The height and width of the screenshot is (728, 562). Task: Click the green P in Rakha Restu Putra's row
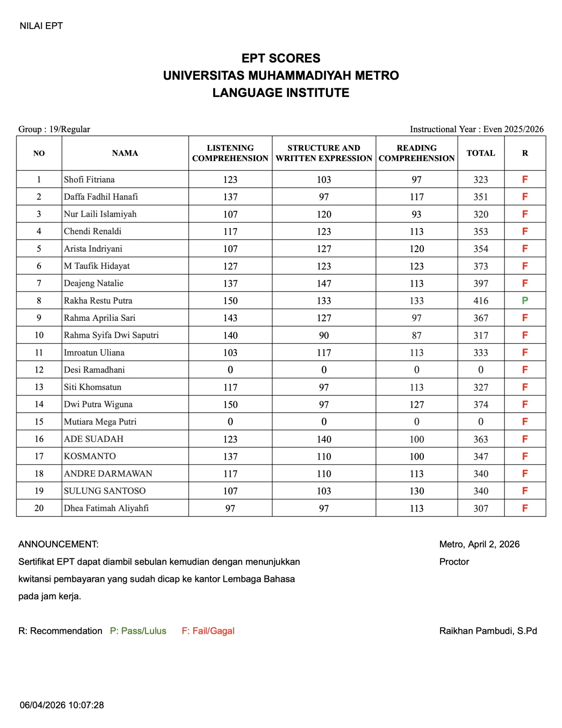[525, 300]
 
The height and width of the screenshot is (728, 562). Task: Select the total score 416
[481, 301]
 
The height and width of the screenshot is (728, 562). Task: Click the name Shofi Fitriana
[89, 179]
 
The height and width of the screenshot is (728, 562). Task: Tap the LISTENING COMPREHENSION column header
[230, 153]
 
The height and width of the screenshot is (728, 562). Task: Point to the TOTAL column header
[481, 153]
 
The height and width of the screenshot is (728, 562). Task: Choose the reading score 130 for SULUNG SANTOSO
[416, 491]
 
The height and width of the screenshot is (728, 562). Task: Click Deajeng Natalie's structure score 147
[324, 283]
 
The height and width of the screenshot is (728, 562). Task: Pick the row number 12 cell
[39, 370]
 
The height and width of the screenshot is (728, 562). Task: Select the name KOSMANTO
[90, 456]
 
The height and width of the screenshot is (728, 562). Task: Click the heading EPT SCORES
[281, 58]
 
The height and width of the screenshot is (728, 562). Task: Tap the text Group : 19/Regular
[54, 129]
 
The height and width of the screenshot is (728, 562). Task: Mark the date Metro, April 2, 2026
[479, 544]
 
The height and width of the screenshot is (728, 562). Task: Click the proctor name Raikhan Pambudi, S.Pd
[488, 631]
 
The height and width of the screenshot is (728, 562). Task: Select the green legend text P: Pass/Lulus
[138, 631]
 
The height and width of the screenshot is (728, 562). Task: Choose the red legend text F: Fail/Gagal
[208, 631]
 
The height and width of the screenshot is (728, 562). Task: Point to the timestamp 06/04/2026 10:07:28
[62, 705]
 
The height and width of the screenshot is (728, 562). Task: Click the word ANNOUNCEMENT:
[58, 544]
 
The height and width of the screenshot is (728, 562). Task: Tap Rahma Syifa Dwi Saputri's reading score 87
[416, 335]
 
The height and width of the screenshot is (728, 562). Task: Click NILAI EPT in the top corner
[41, 26]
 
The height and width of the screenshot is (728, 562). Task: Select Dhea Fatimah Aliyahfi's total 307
[481, 508]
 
